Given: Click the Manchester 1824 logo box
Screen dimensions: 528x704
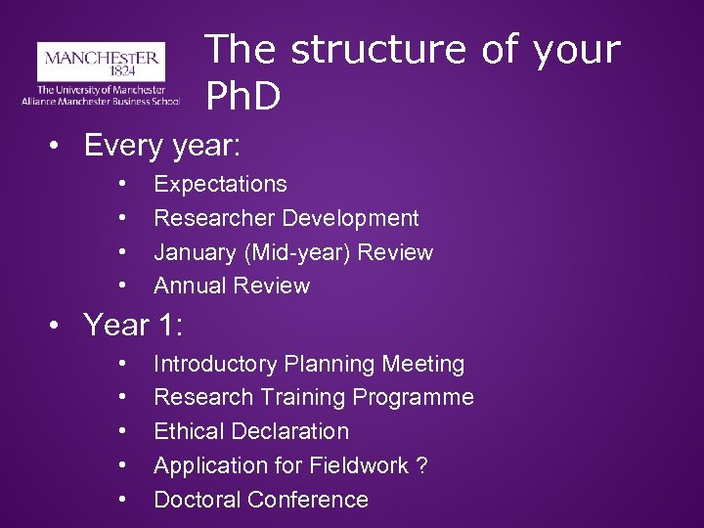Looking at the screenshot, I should pos(101,63).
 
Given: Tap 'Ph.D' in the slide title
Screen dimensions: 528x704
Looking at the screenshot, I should pos(243,96).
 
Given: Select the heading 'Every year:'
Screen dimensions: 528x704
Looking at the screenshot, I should pos(162,146).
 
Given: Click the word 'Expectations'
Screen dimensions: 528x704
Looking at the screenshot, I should pos(220,184).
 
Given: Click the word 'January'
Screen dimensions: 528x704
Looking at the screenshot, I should pos(195,252).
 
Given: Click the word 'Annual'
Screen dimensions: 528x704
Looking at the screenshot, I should pos(190,286).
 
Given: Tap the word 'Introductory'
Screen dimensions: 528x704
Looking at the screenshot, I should pos(216,364).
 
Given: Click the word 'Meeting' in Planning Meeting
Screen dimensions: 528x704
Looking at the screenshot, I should pos(422,364).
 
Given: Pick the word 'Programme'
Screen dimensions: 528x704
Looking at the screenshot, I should pos(418,398).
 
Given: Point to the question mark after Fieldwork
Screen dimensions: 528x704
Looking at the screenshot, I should pos(421,465).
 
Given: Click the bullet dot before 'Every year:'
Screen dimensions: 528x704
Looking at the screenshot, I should pos(60,148).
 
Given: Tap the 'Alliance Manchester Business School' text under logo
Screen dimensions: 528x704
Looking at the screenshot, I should pos(101,101).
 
